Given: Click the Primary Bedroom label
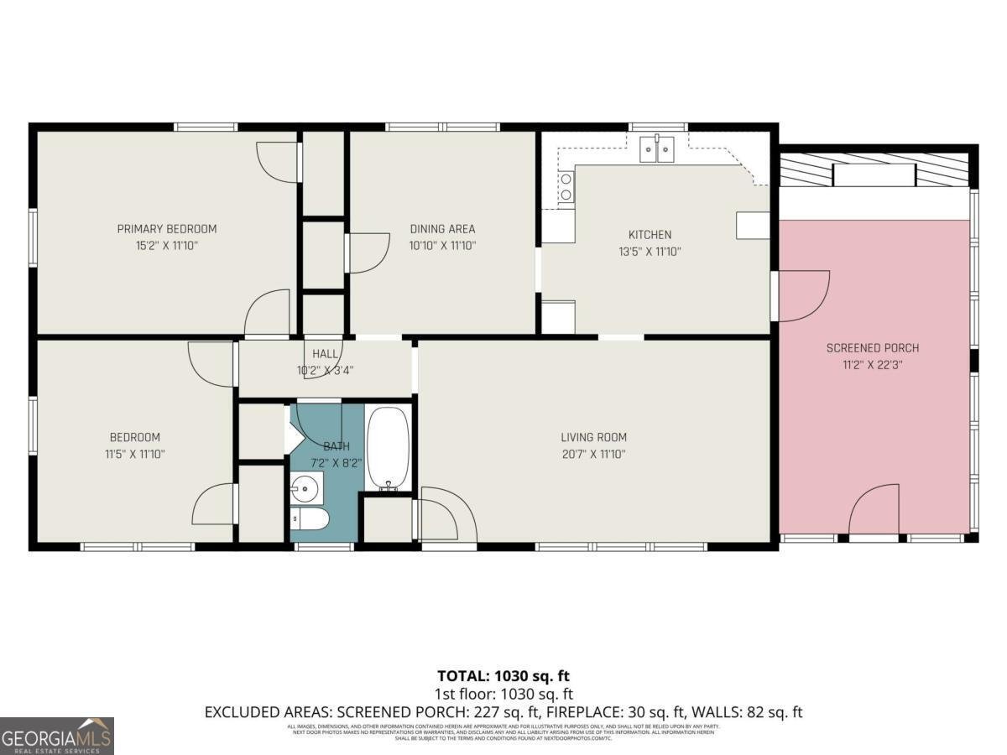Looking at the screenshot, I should pos(166,229).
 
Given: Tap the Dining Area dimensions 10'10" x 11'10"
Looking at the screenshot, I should pos(442,246).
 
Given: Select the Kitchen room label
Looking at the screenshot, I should pos(650,235).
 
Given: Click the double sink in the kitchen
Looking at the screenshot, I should pos(657,150).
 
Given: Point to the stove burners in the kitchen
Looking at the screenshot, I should pos(566,187).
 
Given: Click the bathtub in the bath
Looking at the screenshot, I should pos(388,449).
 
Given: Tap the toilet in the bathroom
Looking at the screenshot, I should pos(308,519).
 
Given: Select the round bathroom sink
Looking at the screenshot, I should pos(305,486).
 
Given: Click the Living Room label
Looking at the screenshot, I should pos(593,437).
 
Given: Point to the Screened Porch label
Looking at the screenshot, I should pos(872,348).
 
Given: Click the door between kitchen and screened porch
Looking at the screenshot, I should pos(801,295).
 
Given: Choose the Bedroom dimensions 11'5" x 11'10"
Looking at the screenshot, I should pos(134,454).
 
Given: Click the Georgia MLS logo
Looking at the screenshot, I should pos(57,736).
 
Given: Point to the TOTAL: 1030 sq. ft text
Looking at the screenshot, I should pos(504,675).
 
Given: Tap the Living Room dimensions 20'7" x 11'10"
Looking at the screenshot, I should pos(593,454).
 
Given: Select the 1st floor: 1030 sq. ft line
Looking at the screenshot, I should pos(504,694).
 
